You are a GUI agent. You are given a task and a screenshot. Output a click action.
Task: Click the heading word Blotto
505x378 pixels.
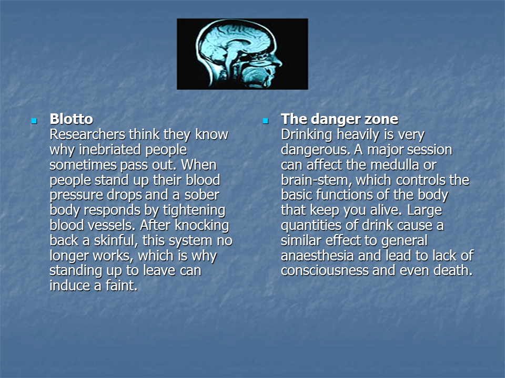72,119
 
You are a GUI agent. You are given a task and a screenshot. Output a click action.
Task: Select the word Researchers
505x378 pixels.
87,134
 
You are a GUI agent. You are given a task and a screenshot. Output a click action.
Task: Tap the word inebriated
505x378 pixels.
110,150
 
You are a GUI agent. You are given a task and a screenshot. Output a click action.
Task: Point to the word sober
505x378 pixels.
202,195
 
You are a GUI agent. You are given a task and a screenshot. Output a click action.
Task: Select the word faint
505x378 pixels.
122,286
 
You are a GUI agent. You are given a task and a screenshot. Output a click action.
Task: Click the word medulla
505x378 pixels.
395,165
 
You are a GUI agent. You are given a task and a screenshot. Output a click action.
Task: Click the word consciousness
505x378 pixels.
325,270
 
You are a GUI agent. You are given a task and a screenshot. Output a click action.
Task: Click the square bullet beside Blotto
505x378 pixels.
34,121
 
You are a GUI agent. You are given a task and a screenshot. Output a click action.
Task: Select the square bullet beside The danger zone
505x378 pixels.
265,121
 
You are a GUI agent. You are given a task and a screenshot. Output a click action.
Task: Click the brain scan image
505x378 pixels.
243,54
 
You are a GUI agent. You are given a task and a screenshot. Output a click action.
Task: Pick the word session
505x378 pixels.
431,150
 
